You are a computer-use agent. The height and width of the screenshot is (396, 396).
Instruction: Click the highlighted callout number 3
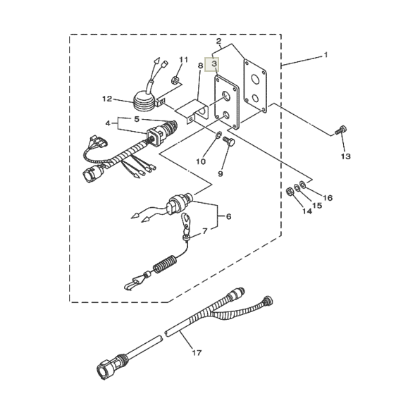214,63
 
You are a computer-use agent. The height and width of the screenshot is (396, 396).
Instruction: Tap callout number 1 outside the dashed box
326,55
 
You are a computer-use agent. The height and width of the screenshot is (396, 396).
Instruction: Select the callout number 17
197,352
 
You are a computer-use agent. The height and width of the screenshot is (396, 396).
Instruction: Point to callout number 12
107,99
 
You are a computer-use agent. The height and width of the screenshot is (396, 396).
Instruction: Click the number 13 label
346,156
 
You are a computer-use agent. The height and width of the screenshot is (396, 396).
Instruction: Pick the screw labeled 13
341,130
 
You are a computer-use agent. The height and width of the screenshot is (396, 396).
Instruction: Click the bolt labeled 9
229,142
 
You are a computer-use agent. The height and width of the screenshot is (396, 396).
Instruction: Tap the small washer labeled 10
218,134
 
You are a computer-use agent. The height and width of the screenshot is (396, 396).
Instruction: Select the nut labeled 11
175,80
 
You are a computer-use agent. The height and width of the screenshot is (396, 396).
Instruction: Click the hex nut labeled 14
290,192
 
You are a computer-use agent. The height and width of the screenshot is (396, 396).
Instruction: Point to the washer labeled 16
302,183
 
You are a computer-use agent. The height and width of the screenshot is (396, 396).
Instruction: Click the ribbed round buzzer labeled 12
144,101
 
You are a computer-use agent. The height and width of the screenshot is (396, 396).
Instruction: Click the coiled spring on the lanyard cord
164,264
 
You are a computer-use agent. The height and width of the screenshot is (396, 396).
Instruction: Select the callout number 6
228,216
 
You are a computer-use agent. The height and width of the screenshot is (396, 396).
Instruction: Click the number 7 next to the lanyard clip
205,231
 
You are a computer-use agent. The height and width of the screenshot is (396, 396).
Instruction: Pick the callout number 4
108,123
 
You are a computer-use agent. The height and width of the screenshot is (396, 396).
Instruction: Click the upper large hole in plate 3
226,95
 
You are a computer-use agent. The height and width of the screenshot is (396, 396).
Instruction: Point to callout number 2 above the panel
218,41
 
